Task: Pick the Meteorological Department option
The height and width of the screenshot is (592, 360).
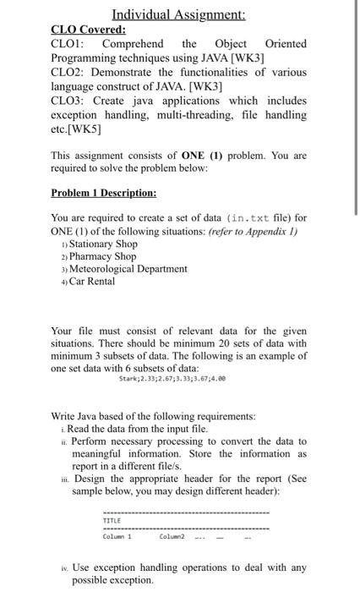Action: coord(134,269)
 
